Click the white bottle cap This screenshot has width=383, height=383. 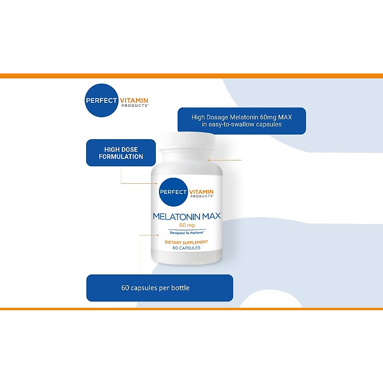point(187,141)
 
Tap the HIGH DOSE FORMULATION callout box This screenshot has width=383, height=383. point(121,153)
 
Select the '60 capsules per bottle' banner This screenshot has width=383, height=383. point(160,288)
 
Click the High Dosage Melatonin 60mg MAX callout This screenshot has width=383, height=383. point(242,121)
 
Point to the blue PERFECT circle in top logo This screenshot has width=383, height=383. point(101,100)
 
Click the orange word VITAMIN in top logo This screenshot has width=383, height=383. point(134,100)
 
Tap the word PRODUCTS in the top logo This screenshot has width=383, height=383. point(135,106)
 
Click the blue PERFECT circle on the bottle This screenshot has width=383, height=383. point(173,192)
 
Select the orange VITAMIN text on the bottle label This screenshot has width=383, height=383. point(201,191)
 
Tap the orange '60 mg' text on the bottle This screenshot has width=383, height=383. point(187,225)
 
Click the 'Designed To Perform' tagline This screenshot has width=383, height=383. point(187,233)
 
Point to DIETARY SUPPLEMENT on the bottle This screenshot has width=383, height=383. point(186,242)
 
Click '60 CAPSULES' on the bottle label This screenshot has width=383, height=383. point(186,248)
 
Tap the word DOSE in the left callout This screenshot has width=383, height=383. point(130,149)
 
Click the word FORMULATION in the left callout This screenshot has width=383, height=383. point(121,157)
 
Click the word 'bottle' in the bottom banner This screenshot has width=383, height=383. point(180,288)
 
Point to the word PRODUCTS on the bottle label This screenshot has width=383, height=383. point(202,196)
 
